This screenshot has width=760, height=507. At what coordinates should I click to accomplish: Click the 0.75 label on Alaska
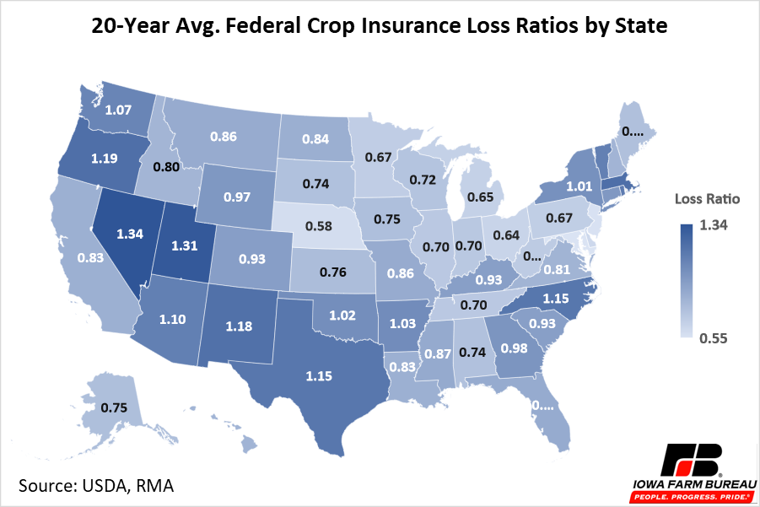point(116,407)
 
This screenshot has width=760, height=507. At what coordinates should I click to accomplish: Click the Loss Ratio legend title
point(707,200)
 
